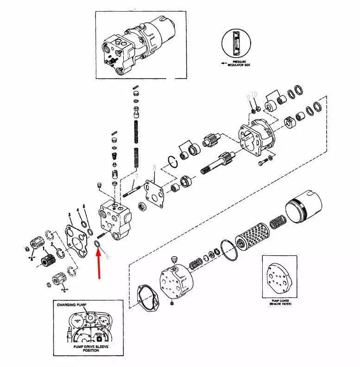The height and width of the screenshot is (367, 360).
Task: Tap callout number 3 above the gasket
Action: tap(69, 215)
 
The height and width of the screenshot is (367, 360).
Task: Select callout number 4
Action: tap(78, 210)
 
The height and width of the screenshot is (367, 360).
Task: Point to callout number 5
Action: tap(84, 206)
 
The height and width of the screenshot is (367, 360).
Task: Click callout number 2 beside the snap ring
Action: tap(52, 244)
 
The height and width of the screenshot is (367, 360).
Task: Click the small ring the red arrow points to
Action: tap(98, 244)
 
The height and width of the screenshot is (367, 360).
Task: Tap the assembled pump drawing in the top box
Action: tap(139, 44)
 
